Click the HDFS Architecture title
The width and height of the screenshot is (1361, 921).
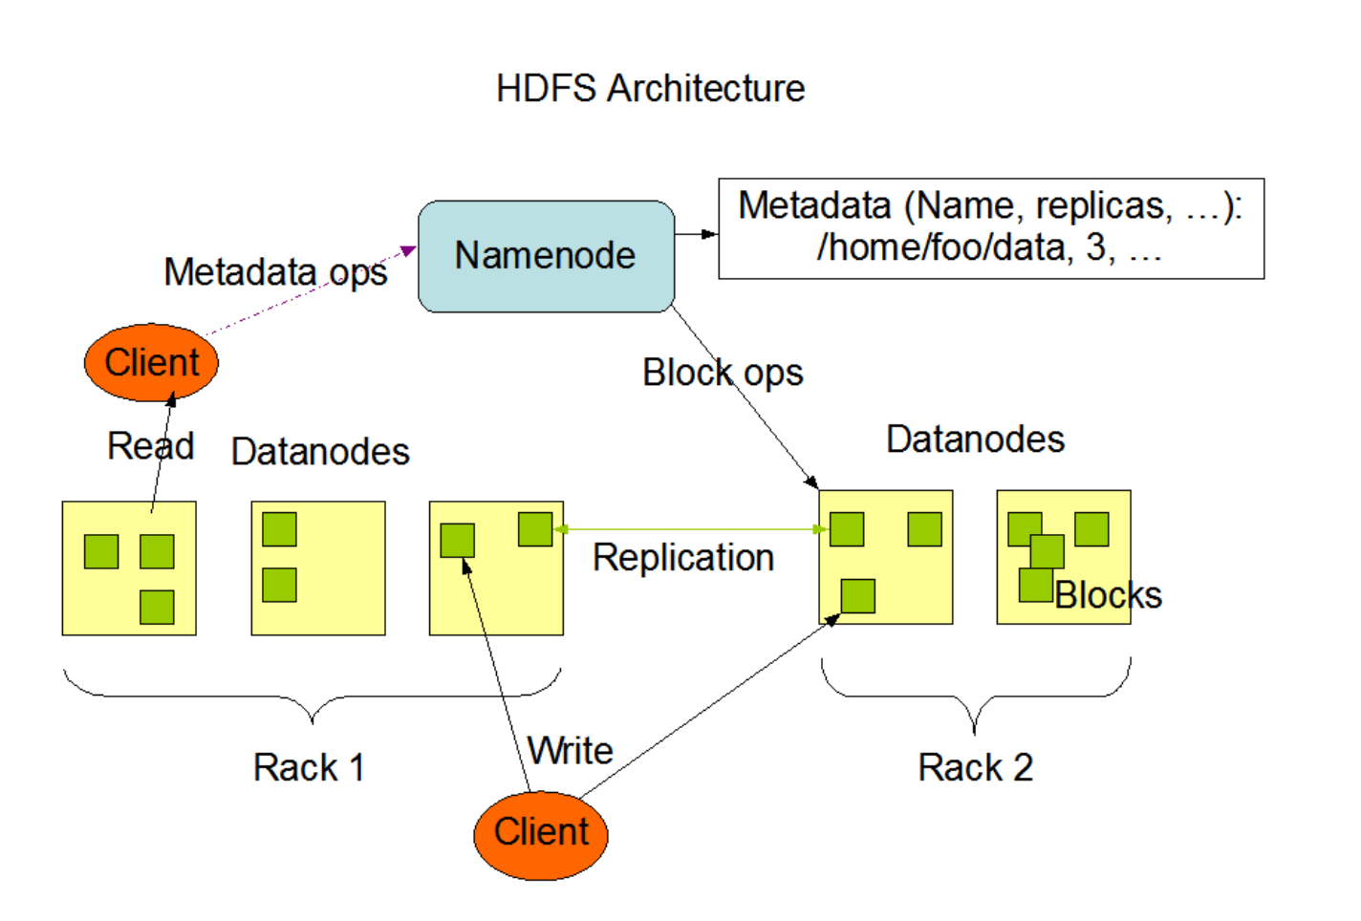[x=650, y=89]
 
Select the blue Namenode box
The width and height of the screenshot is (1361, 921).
[x=546, y=256]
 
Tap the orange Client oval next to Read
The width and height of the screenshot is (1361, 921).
[x=151, y=363]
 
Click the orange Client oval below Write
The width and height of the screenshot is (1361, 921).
[x=541, y=833]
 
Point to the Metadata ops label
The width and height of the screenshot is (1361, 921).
[x=275, y=272]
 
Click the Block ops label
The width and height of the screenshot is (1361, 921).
[x=723, y=373]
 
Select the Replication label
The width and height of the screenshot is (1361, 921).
[x=682, y=558]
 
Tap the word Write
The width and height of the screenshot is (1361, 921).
[x=571, y=751]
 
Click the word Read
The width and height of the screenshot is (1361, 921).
[x=150, y=446]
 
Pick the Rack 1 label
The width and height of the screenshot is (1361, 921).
[x=309, y=768]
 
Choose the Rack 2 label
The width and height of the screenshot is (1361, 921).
[x=975, y=768]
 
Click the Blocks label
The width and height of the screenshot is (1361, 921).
[x=1108, y=596]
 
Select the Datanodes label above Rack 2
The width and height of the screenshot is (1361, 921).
[x=975, y=439]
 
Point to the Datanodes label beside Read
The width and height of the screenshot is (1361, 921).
[x=320, y=452]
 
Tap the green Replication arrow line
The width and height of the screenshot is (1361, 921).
[x=688, y=529]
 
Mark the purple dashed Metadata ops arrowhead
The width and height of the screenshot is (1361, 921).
[x=408, y=251]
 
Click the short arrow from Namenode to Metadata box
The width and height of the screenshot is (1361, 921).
[x=696, y=234]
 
